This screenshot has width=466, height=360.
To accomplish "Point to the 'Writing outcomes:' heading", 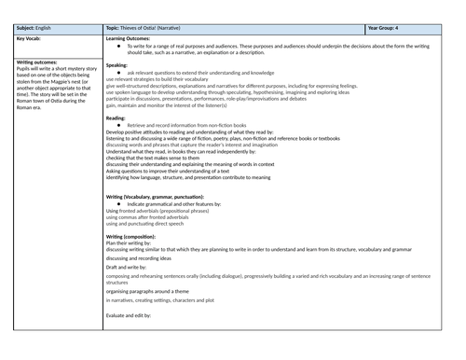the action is coord(38,62).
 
